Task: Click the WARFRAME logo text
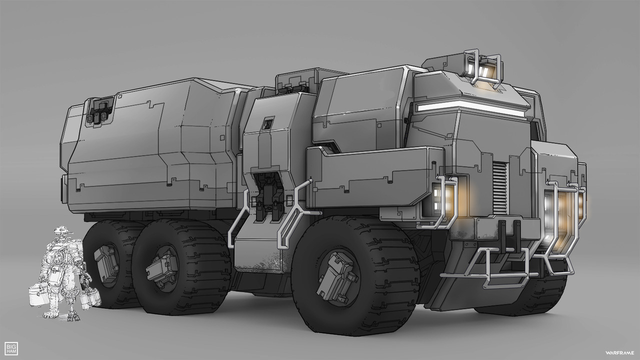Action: click(619, 353)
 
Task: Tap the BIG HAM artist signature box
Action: click(11, 348)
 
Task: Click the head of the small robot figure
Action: click(62, 231)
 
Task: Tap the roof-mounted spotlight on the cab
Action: click(483, 68)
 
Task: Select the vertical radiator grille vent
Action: click(500, 187)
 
